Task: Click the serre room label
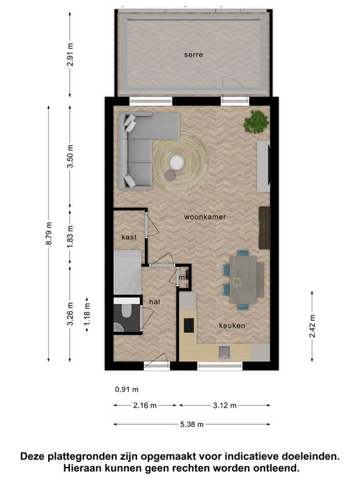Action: click(x=194, y=55)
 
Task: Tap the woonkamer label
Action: click(x=205, y=217)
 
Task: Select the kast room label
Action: click(x=129, y=237)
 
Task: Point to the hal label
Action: click(x=154, y=302)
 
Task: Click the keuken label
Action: click(x=232, y=326)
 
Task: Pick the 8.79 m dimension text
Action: click(x=49, y=234)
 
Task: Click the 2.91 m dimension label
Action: click(x=70, y=54)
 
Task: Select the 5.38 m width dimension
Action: click(x=192, y=424)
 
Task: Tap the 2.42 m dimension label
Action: click(x=312, y=326)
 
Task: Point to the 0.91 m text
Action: click(x=127, y=389)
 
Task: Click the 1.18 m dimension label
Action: click(x=87, y=314)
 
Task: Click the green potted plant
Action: click(x=256, y=122)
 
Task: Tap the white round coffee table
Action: click(x=177, y=162)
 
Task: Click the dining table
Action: click(x=247, y=279)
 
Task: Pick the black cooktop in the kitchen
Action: click(x=189, y=325)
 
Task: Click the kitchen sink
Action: click(x=224, y=352)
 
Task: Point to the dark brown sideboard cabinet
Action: click(x=264, y=227)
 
